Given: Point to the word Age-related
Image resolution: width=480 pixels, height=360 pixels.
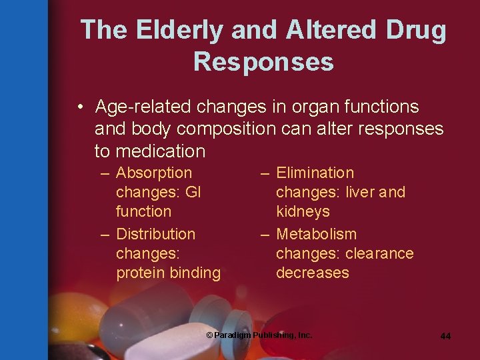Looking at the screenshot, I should point(139,107).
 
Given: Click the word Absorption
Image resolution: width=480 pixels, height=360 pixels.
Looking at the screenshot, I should point(153,173).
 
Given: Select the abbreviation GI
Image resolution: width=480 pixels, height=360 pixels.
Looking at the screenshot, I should point(193,193).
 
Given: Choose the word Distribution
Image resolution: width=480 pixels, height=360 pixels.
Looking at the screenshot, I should point(155,234).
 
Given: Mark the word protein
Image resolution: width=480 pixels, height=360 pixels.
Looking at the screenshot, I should point(140,273).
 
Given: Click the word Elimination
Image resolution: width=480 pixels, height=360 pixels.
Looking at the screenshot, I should point(315,173).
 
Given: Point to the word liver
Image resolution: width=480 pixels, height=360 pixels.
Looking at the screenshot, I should point(360,193).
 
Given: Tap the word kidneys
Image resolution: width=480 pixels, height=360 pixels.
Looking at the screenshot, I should point(303,212).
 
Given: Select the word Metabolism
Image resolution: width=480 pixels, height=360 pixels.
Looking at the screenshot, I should point(316,234).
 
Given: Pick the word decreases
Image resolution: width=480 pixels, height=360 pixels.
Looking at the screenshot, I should point(312,273).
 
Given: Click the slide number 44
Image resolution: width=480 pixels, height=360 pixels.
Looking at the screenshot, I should point(445,336).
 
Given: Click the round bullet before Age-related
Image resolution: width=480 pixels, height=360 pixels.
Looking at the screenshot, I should point(79,107).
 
